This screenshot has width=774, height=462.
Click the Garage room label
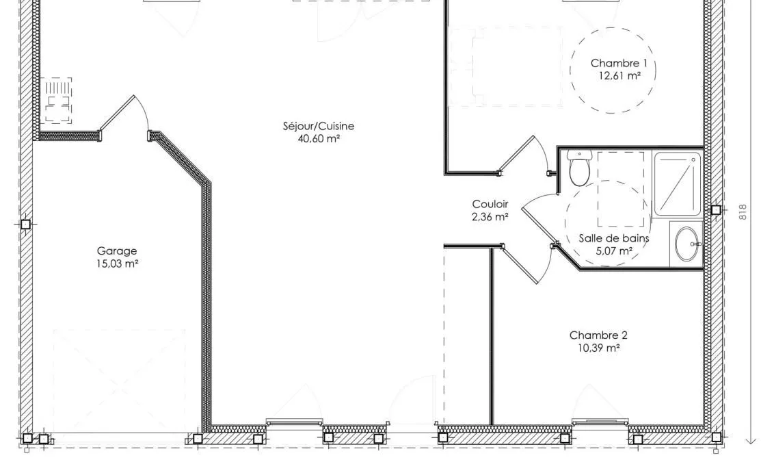pyautogui.click(x=116, y=251)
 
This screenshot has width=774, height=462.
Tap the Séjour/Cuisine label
pyautogui.click(x=319, y=126)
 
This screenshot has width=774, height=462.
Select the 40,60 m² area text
pyautogui.click(x=319, y=139)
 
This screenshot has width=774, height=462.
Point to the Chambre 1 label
pyautogui.click(x=619, y=63)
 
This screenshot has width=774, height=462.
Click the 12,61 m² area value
pyautogui.click(x=619, y=75)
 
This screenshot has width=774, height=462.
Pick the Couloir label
pyautogui.click(x=490, y=204)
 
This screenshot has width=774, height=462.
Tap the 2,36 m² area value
pyautogui.click(x=490, y=216)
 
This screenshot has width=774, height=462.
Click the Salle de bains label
pyautogui.click(x=613, y=238)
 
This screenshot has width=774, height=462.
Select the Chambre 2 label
pyautogui.click(x=598, y=335)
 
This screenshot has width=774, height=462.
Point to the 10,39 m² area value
pyautogui.click(x=599, y=348)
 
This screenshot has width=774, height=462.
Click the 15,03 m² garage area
pyautogui.click(x=117, y=264)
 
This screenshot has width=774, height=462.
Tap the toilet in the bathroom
pyautogui.click(x=580, y=168)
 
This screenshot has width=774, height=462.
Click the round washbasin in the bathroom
pyautogui.click(x=688, y=244)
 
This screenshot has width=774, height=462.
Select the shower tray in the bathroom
pyautogui.click(x=678, y=185)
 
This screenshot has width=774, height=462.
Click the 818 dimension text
pyautogui.click(x=743, y=212)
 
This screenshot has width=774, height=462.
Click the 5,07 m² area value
pyautogui.click(x=614, y=251)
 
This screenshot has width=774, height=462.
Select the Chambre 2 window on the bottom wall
pyautogui.click(x=600, y=422)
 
